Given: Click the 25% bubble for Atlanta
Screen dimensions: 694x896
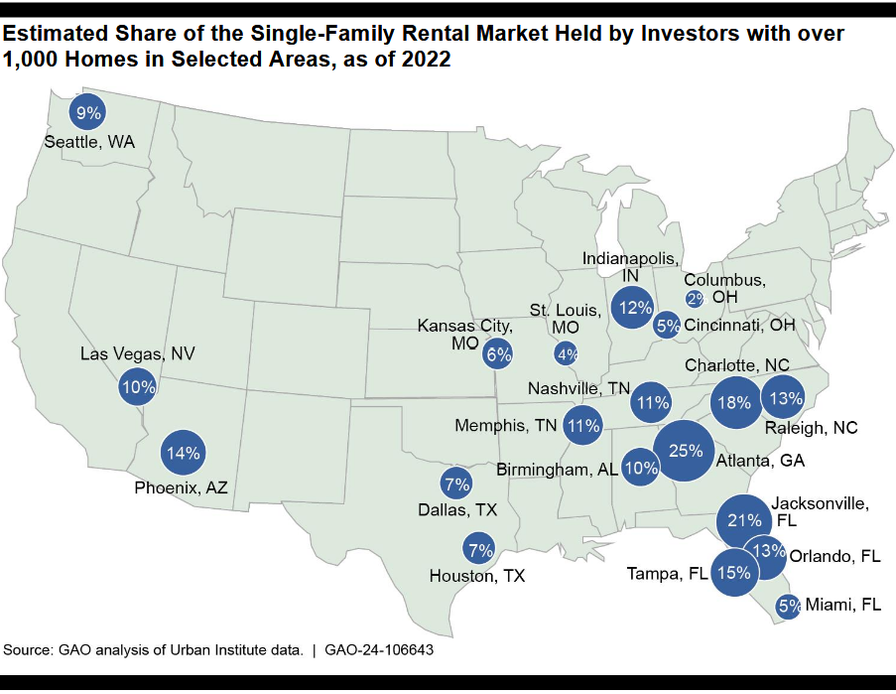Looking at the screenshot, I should pyautogui.click(x=685, y=451).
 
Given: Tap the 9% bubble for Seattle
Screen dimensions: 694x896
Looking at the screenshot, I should pyautogui.click(x=89, y=113).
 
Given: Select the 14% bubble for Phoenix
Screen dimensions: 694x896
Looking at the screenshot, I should pyautogui.click(x=185, y=453).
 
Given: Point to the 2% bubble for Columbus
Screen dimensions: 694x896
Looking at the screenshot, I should pyautogui.click(x=695, y=299).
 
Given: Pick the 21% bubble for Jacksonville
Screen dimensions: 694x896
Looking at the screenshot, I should pyautogui.click(x=744, y=520).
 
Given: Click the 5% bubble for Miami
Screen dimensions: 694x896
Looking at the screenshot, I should pyautogui.click(x=789, y=605).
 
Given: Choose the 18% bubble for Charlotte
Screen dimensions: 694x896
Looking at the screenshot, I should pyautogui.click(x=735, y=402).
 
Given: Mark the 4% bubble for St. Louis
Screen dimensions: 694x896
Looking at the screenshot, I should pyautogui.click(x=567, y=352).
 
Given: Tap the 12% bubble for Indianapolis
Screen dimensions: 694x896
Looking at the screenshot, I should pyautogui.click(x=633, y=309).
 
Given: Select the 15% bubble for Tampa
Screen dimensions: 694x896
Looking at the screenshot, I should pyautogui.click(x=734, y=572).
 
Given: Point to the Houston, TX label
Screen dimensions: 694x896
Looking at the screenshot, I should pyautogui.click(x=477, y=575).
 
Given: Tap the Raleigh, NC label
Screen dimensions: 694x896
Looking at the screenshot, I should pyautogui.click(x=810, y=428).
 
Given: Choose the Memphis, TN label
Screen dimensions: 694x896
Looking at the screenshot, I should pyautogui.click(x=506, y=426).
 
